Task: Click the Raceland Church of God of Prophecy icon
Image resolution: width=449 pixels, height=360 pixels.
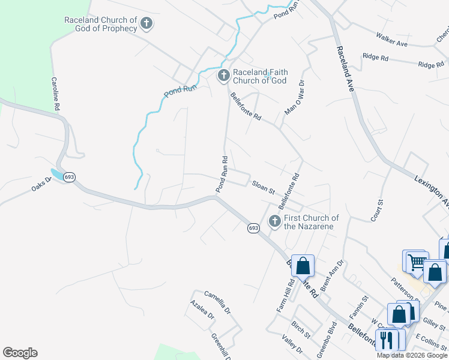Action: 146,24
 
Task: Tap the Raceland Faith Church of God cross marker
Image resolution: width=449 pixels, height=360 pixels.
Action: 223,76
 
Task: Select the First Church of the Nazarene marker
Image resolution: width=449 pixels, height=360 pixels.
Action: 274,221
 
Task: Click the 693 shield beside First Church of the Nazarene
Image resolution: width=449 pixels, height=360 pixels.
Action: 253,228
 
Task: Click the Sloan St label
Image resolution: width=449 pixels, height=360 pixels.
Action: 263,187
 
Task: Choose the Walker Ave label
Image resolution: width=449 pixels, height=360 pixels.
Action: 391,40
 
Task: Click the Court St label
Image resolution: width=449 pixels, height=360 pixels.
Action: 377,211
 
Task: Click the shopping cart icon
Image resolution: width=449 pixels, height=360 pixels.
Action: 416,261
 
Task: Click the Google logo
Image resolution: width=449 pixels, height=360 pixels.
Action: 20,353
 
